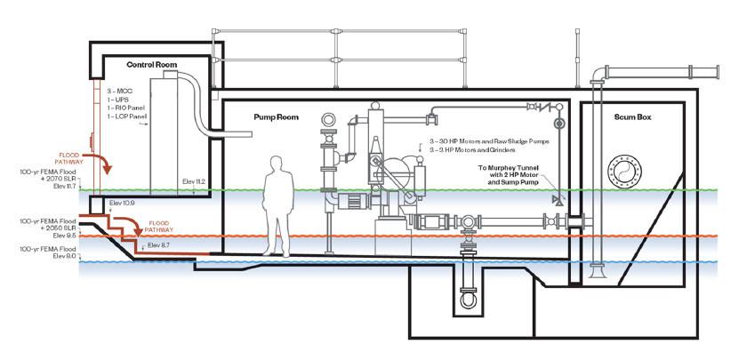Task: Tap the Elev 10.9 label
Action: (121, 204)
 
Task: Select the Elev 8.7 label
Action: (159, 244)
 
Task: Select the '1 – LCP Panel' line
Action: (128, 116)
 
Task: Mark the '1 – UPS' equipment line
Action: (118, 100)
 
